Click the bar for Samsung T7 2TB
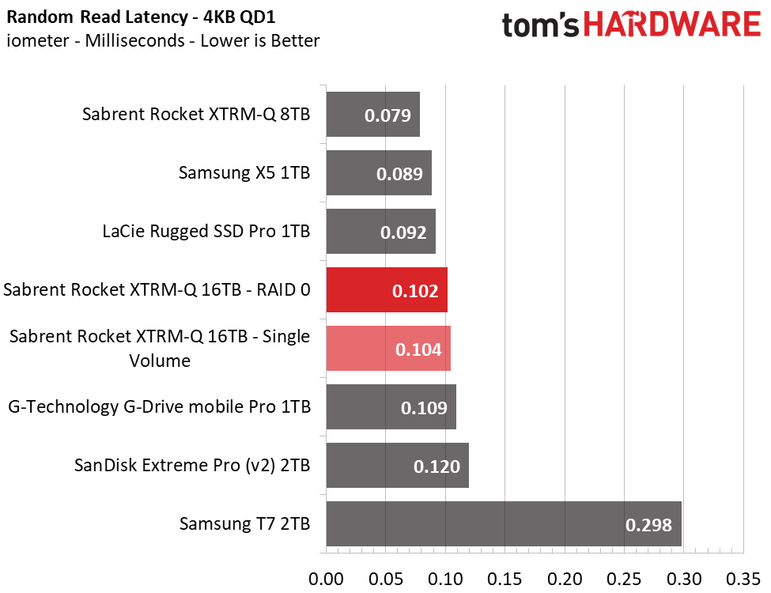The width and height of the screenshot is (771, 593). coord(503,523)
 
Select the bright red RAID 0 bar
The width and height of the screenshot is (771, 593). coord(386,290)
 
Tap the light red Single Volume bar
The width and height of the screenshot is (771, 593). coord(387,349)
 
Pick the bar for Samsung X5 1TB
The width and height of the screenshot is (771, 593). coord(378,173)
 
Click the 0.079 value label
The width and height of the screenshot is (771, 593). coord(387,115)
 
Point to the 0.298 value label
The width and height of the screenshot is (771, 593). coord(648,524)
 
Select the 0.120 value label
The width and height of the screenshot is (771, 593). coord(437,466)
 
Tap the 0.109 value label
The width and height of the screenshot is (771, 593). coord(424,408)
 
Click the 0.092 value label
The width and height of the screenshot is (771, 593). coord(403,232)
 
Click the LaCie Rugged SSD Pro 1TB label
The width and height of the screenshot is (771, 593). coord(206,232)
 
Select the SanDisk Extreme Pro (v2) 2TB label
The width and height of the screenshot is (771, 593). coord(192,465)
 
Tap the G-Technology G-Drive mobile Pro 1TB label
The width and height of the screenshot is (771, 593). coord(159,407)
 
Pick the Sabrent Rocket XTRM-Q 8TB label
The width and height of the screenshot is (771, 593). coord(196,115)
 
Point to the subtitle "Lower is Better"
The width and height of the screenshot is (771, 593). coord(260,40)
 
